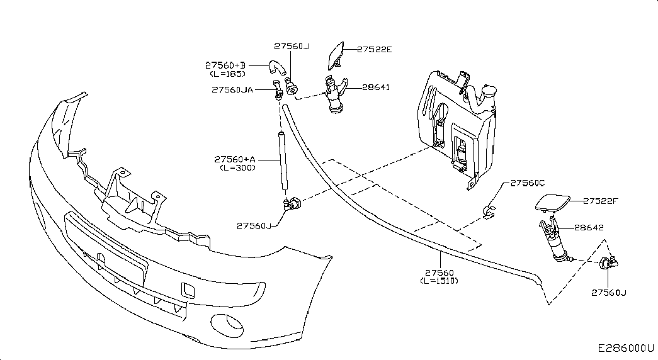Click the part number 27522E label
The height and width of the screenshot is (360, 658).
point(374,50)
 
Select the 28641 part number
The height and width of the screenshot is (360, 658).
point(376,87)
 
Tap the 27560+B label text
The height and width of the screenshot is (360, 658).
point(225,65)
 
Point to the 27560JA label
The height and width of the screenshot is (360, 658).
point(232,90)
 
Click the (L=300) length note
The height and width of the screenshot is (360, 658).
point(237,168)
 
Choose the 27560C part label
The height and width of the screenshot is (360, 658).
point(528,183)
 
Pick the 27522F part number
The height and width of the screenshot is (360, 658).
point(601,201)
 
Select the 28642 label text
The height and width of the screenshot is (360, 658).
point(589,227)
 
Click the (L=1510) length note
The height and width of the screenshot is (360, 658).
point(440,281)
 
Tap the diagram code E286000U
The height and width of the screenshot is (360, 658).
point(626,348)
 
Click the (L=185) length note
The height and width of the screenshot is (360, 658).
point(228,74)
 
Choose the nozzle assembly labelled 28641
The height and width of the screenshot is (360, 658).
point(336,94)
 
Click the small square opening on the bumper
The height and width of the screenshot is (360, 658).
point(188,290)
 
